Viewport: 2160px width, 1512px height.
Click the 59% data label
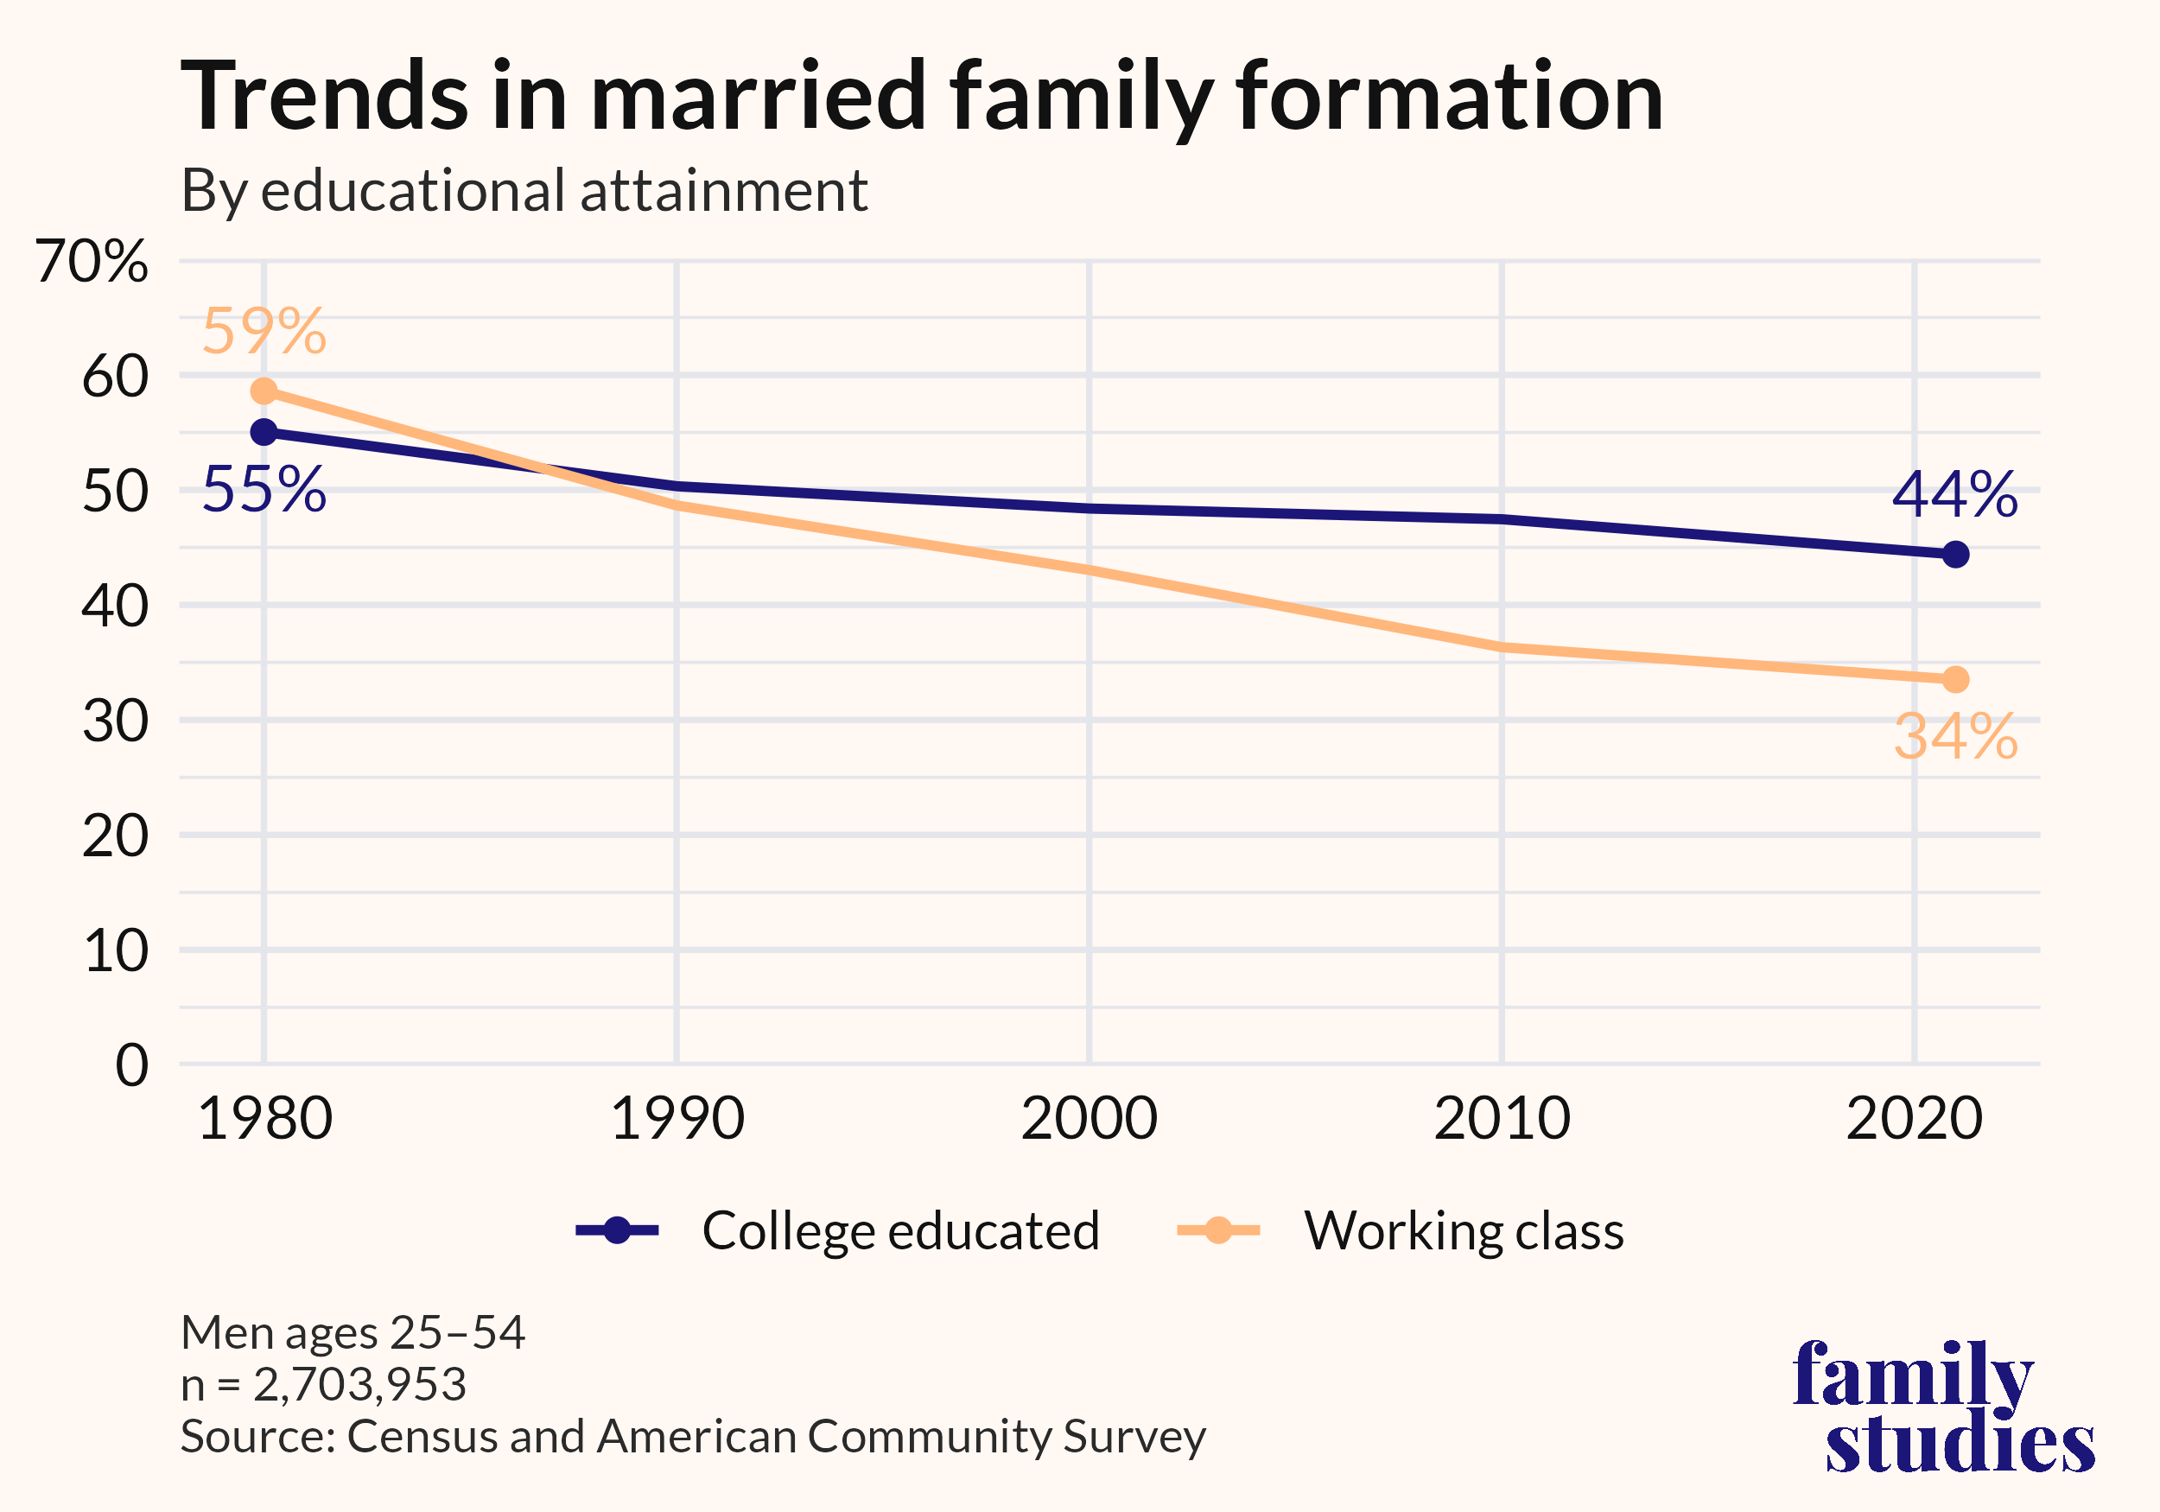coord(264,331)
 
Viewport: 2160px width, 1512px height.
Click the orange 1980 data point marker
coord(264,391)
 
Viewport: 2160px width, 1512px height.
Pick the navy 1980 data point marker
coord(264,432)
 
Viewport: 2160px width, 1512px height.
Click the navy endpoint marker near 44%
coord(1955,554)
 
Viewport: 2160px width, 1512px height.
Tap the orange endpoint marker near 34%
coord(1955,679)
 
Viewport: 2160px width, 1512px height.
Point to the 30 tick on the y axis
coord(115,721)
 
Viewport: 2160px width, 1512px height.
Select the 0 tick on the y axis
coord(131,1066)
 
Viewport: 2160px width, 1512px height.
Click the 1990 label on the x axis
coord(677,1119)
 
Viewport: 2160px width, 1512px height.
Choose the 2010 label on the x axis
coord(1502,1119)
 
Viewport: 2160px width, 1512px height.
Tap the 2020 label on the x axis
coord(1914,1119)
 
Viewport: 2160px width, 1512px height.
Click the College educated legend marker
coord(617,1229)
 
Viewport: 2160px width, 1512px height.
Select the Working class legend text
coord(1463,1229)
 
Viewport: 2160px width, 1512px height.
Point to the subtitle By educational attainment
coord(524,190)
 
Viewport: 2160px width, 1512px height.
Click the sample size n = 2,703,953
coord(324,1384)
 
